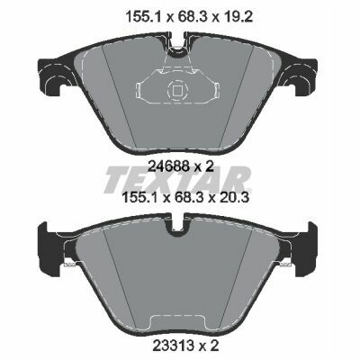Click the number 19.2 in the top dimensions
pos(237,17)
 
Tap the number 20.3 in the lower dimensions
pos(233,198)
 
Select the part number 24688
pos(168,166)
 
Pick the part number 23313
pos(173,346)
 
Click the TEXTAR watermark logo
pos(177,179)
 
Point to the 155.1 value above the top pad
pos(142,17)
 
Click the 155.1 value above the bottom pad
pos(140,198)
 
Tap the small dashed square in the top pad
pos(177,90)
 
